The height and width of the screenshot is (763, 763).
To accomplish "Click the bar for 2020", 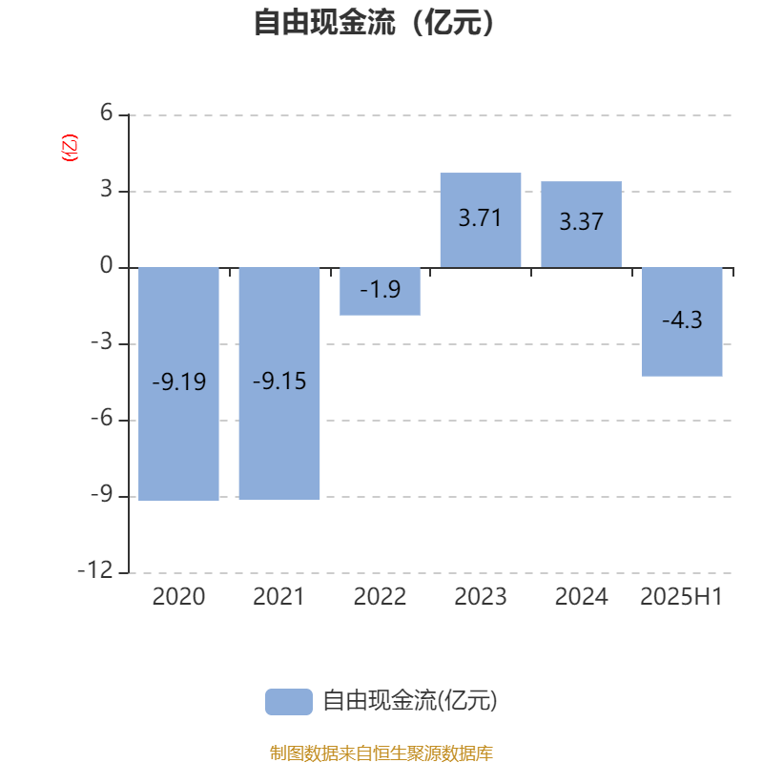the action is coord(178,384).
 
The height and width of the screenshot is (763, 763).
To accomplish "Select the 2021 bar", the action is coord(279,383).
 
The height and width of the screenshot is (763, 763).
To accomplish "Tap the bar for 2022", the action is coord(380,292).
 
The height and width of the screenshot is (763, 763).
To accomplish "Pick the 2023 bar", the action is coord(481,220).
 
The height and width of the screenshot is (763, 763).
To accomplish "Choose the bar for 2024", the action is coord(582,224).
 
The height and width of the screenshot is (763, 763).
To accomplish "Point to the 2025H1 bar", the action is coord(682,321).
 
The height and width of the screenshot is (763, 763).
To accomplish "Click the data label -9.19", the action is coord(179,381).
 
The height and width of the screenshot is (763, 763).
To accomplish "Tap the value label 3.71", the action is coord(481,217).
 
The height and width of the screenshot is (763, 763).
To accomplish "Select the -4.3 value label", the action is coord(682,320).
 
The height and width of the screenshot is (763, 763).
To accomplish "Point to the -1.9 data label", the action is coord(380,290).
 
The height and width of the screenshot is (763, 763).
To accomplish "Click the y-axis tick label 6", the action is coord(107,113).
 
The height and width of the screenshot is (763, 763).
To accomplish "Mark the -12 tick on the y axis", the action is coord(95,570).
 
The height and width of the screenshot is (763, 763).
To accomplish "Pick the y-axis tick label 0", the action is coord(107,266).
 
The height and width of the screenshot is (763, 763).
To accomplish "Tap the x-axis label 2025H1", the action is coord(681,597).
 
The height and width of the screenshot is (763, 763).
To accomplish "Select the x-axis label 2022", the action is coord(380,597).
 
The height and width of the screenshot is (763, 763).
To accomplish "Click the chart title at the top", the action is coord(374,22).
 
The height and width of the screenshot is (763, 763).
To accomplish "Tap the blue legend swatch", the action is coord(289,702).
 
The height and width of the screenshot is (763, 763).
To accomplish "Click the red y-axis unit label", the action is coord(69,148).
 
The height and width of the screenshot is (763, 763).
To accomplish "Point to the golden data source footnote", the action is coord(381,753).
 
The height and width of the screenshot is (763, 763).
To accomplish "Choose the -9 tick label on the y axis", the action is coord(102,494).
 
